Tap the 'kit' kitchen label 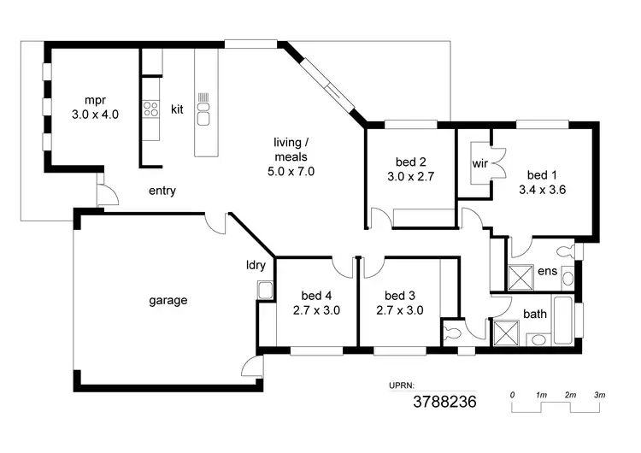[x=177, y=109]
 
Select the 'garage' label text [x=168, y=300]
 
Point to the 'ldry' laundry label [x=256, y=265]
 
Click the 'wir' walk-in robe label [x=479, y=162]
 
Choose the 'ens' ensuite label [x=548, y=272]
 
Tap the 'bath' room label [x=535, y=314]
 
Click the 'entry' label [x=162, y=191]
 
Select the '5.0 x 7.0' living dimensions [x=291, y=171]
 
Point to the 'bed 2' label [x=410, y=162]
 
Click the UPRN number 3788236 [x=444, y=401]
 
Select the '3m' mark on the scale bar [x=600, y=395]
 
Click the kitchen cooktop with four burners [x=151, y=109]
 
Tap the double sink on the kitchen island [x=204, y=109]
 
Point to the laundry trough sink [x=264, y=290]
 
